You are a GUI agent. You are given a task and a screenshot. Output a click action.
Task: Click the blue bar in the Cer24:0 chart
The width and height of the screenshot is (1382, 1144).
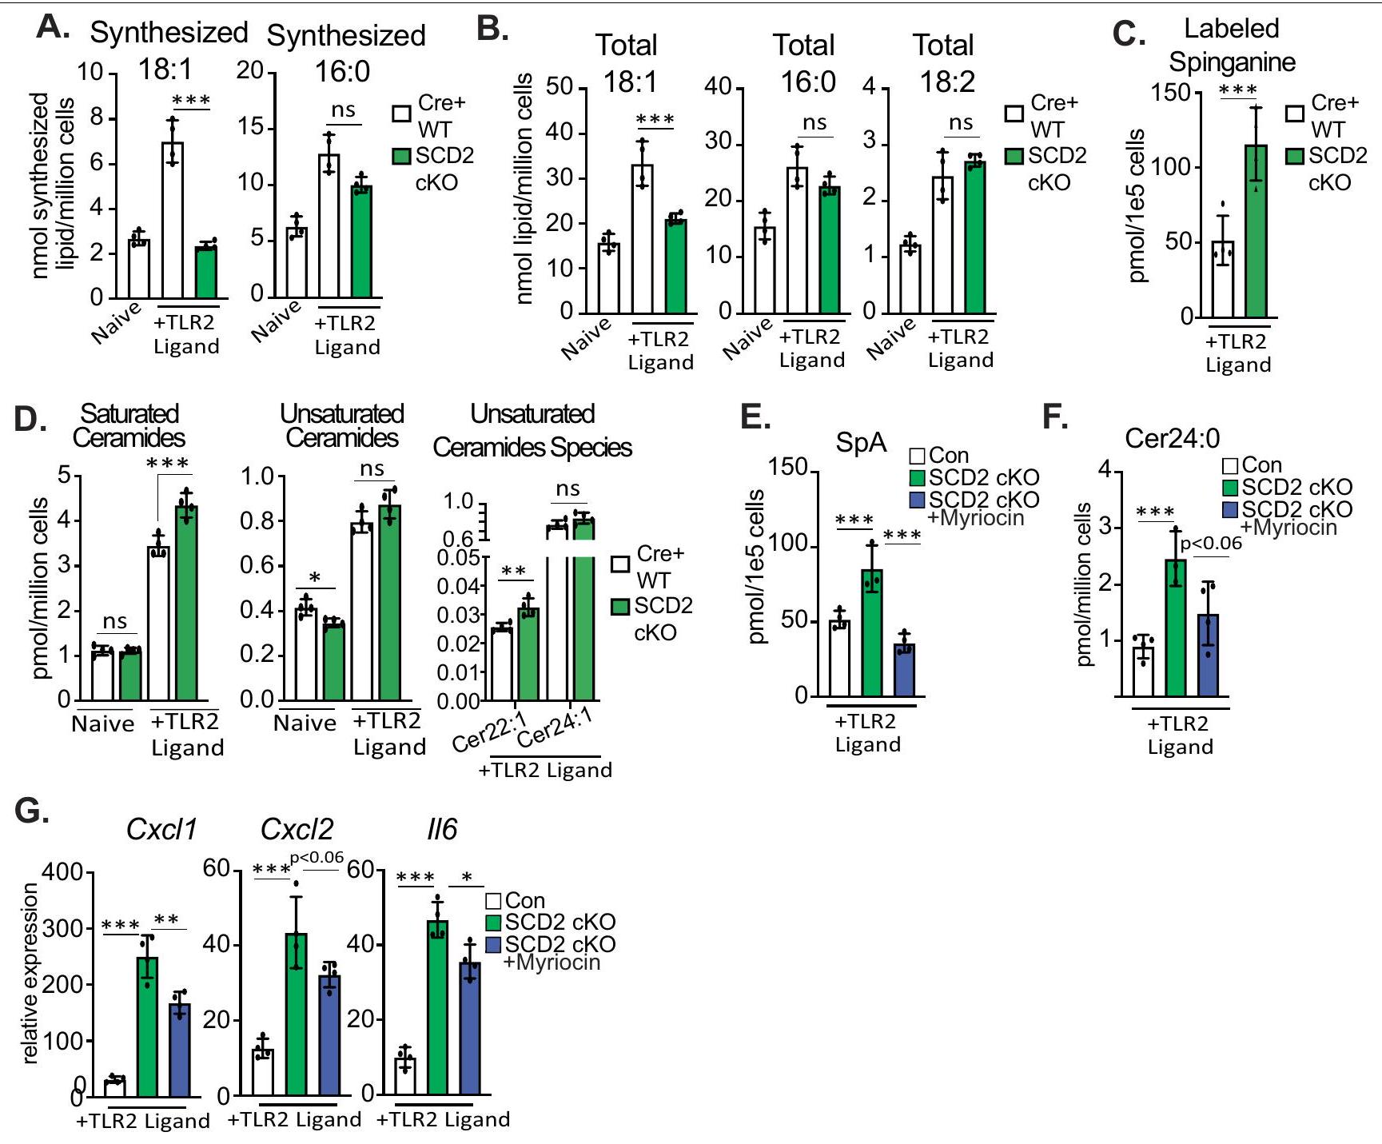tap(1208, 656)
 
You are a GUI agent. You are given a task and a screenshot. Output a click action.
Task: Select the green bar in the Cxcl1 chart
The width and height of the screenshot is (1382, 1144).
tap(147, 1026)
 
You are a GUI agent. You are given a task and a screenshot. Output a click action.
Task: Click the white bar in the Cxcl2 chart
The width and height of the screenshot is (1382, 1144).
tap(263, 1071)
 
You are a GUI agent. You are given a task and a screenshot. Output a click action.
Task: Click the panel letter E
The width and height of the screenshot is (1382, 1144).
tap(755, 417)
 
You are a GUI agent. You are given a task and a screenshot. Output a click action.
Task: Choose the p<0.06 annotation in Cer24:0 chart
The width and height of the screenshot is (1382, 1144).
tap(1211, 544)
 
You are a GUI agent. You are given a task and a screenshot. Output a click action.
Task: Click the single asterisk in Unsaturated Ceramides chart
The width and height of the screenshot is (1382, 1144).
tap(315, 578)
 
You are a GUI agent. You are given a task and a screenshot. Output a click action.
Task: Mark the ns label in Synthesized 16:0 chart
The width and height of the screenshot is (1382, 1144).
tap(343, 110)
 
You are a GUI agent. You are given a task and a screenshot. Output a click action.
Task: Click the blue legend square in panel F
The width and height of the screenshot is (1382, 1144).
tap(1230, 509)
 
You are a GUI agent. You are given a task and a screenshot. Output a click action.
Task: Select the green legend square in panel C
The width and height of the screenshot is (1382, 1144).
tap(1295, 156)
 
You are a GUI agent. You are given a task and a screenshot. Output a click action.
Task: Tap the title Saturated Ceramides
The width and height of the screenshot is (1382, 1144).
tap(129, 425)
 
